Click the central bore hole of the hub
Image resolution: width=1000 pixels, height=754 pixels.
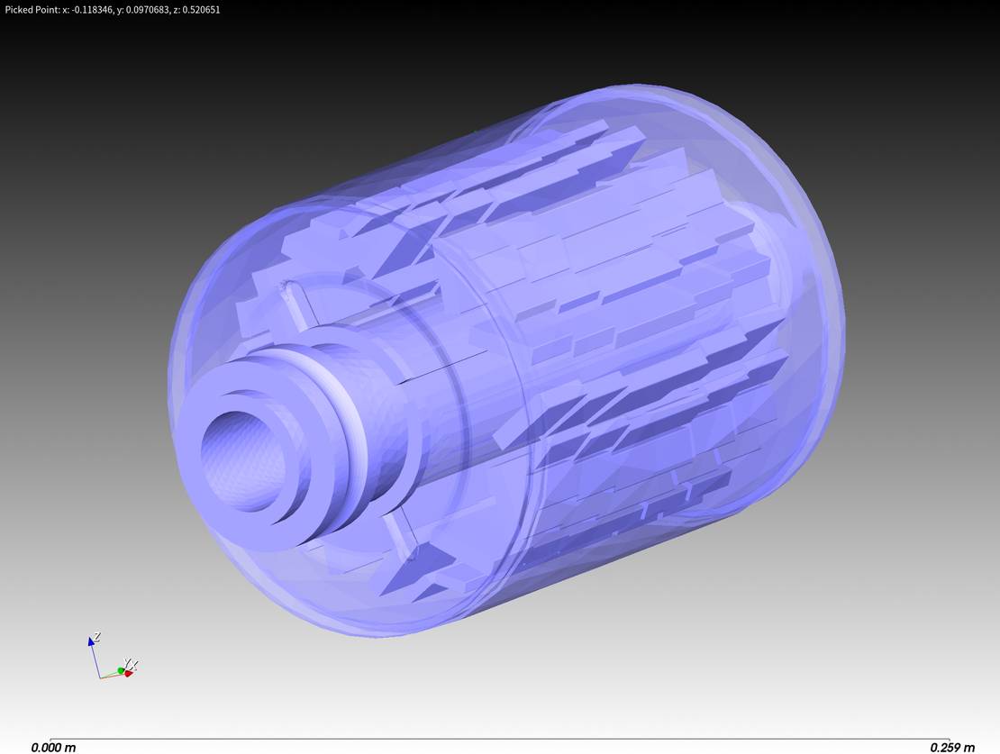tap(241, 460)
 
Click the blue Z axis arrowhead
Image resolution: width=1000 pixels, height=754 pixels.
tap(91, 640)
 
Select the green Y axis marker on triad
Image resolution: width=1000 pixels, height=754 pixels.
tap(121, 670)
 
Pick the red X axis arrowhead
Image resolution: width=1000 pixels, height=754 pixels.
tap(129, 673)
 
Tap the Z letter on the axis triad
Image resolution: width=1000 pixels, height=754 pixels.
tap(97, 635)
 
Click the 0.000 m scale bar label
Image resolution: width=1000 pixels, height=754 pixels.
tap(53, 747)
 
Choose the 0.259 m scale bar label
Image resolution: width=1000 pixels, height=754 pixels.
tap(951, 747)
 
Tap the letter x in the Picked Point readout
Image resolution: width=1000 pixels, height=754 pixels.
tap(64, 10)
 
